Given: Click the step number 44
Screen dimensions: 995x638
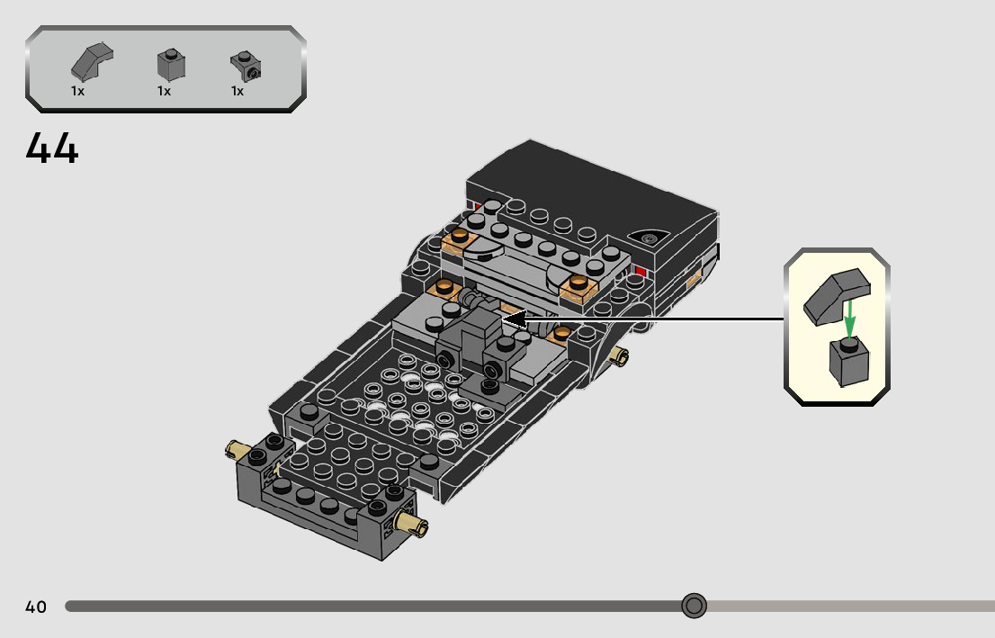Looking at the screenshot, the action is point(52,148).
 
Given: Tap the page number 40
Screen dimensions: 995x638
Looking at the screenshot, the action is point(36,607).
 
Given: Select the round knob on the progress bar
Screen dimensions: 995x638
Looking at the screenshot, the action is point(694,606).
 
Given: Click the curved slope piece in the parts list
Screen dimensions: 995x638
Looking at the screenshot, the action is point(92,61).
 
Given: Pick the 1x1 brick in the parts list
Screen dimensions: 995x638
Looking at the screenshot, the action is point(171,64).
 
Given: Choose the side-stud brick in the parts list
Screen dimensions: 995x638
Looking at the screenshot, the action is point(246,66).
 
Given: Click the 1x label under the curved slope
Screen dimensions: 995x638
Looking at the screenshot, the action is point(77,92).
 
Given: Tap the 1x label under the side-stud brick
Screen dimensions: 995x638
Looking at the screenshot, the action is point(238,92).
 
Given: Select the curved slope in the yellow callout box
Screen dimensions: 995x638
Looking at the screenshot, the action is point(837,296).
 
